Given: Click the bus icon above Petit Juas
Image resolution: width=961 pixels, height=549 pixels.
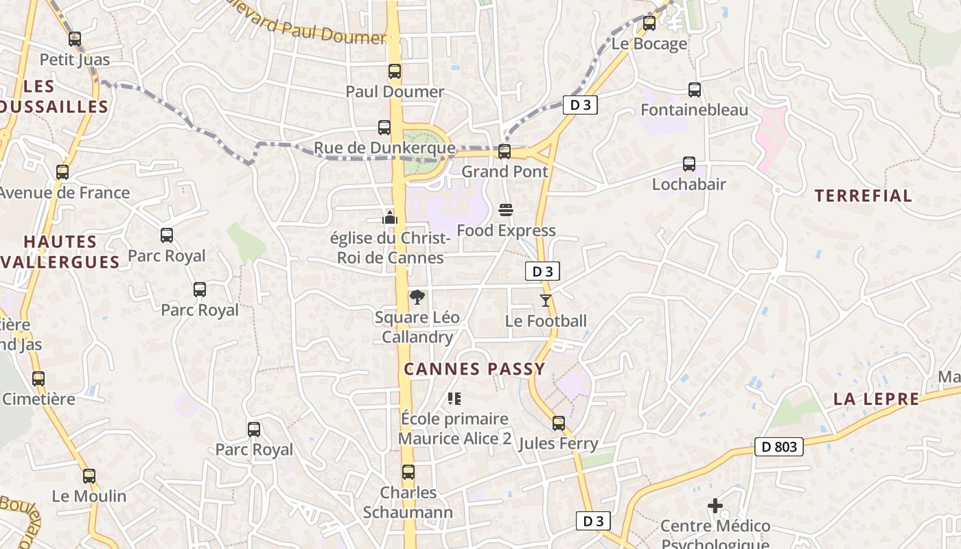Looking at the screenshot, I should (x=75, y=39).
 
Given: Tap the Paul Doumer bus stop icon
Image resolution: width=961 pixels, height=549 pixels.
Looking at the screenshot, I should (x=395, y=71).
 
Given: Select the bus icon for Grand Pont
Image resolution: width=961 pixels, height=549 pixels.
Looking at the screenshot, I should (x=505, y=151).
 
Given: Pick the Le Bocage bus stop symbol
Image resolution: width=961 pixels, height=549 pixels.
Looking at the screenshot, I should (x=649, y=23).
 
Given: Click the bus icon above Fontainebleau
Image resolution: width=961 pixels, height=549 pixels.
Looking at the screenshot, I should (x=695, y=89).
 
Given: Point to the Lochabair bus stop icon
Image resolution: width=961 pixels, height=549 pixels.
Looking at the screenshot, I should (x=689, y=164).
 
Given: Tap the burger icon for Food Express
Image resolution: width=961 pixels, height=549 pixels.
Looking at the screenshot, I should (x=506, y=209).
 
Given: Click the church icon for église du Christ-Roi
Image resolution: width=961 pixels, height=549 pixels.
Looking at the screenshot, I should (x=390, y=218).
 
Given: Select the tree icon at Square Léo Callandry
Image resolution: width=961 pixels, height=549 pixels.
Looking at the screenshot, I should (x=416, y=297).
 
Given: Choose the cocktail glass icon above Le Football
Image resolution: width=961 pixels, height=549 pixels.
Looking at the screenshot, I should (x=546, y=300).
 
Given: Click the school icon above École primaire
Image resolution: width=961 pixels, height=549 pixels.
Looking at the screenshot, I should (x=454, y=398).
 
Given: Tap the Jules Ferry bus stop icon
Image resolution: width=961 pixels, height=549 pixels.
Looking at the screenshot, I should (x=559, y=423).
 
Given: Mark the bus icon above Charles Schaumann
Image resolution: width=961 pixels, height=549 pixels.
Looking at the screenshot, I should (x=408, y=472).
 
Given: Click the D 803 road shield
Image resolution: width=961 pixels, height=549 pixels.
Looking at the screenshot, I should (x=779, y=447).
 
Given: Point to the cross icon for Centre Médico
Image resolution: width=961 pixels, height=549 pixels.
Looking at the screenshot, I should (x=715, y=506).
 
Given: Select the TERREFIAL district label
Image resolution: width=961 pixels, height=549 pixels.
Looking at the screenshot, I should (x=864, y=196).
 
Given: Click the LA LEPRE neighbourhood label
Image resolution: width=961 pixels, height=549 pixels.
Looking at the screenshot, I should (x=877, y=399).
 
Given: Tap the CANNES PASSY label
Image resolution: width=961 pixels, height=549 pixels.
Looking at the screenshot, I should (x=474, y=369).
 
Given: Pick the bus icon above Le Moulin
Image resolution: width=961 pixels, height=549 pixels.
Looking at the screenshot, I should (x=89, y=476).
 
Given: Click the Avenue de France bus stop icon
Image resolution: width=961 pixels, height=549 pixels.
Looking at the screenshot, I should (x=62, y=172).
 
